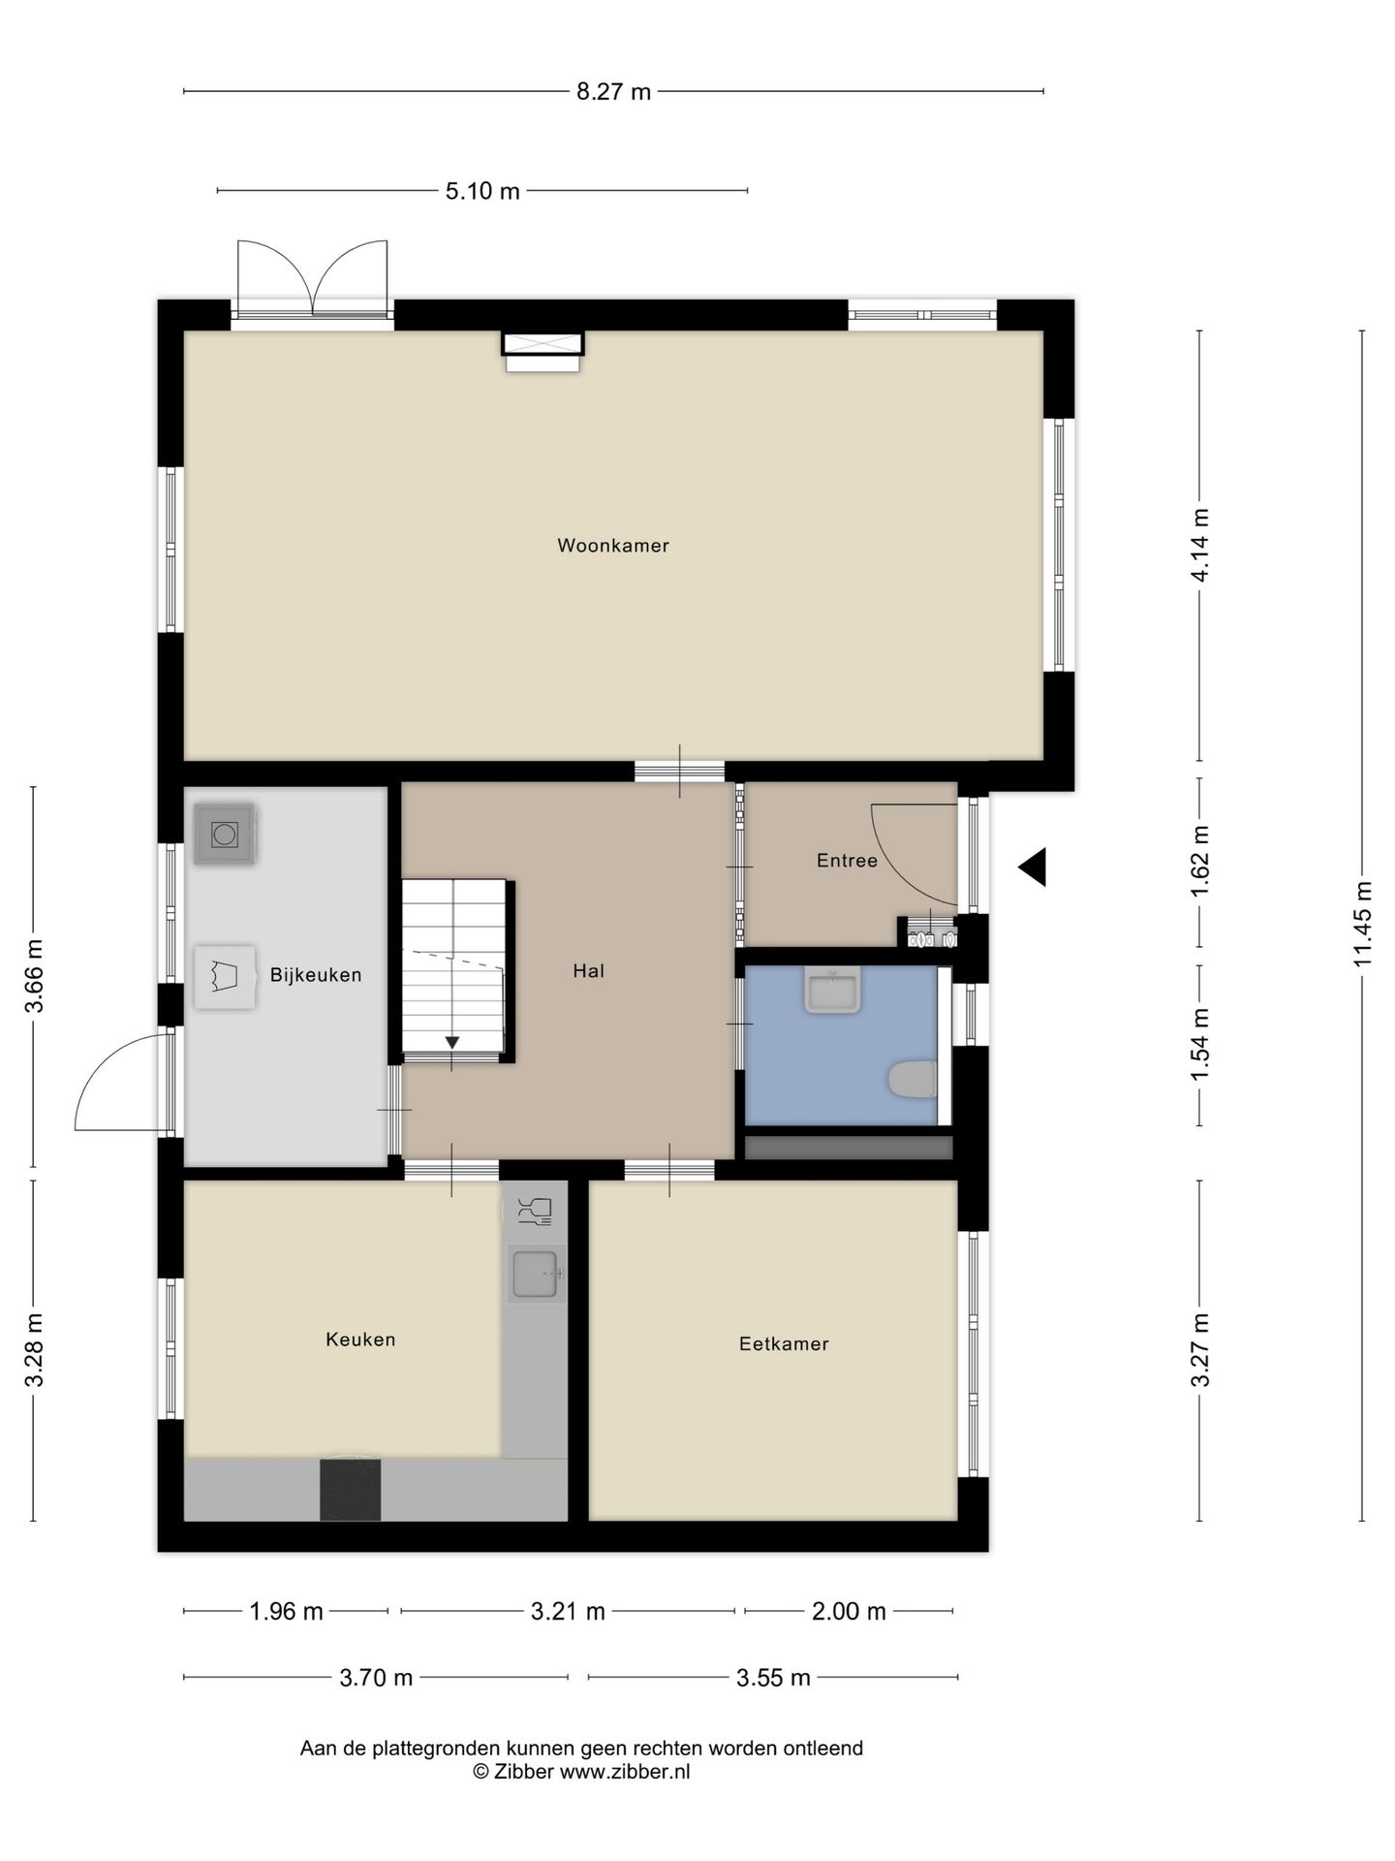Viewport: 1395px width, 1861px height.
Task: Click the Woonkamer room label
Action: pyautogui.click(x=612, y=546)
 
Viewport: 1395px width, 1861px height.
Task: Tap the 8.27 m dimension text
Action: pyautogui.click(x=613, y=92)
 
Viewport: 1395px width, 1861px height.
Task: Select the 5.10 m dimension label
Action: pyautogui.click(x=482, y=192)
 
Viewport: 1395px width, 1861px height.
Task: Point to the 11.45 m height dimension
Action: pyautogui.click(x=1362, y=923)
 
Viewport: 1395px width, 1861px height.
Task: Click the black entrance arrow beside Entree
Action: pyautogui.click(x=1033, y=867)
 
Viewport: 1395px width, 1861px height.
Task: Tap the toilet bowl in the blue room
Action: pyautogui.click(x=912, y=1079)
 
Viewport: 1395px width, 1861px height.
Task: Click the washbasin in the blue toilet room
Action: pyautogui.click(x=832, y=992)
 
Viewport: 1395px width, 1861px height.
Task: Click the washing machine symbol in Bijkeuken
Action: pyautogui.click(x=225, y=834)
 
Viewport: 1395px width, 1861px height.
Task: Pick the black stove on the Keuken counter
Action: pyautogui.click(x=350, y=1490)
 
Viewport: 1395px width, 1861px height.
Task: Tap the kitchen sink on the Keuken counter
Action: pyautogui.click(x=535, y=1273)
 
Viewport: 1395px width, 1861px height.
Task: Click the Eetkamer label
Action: pyautogui.click(x=784, y=1344)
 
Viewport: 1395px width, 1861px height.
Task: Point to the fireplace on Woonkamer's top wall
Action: pyautogui.click(x=542, y=351)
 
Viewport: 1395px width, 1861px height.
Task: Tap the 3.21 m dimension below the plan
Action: pyautogui.click(x=568, y=1612)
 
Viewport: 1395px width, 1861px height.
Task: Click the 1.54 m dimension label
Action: pyautogui.click(x=1200, y=1045)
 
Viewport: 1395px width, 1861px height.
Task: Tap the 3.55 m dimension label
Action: pyautogui.click(x=772, y=1678)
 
